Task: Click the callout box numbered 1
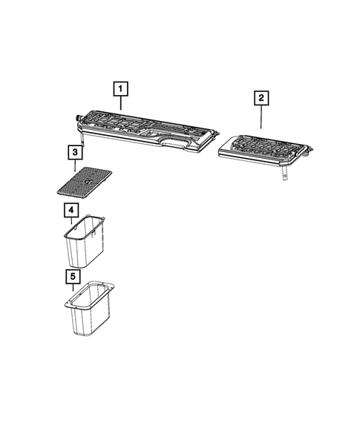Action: (120, 89)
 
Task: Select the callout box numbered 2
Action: (261, 98)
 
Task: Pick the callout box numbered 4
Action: (71, 211)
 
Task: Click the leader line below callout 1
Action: (120, 105)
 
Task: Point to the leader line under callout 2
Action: (261, 116)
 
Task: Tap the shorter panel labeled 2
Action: (264, 148)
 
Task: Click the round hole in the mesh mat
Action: (88, 180)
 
